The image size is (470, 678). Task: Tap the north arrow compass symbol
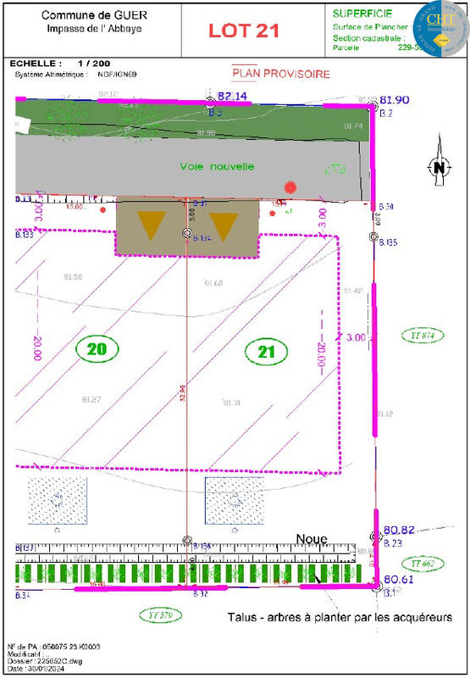coord(439,167)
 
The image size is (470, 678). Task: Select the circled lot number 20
coord(97,347)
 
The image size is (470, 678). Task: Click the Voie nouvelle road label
coord(217,166)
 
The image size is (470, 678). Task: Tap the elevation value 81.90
coord(395,99)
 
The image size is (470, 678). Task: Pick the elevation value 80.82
coord(397,528)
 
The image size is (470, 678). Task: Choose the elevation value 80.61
coord(397,579)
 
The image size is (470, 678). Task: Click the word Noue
coord(311,539)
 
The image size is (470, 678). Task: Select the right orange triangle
coord(223,225)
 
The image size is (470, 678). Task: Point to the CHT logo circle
coord(440,25)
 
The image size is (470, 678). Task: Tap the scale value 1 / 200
coord(93,64)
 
